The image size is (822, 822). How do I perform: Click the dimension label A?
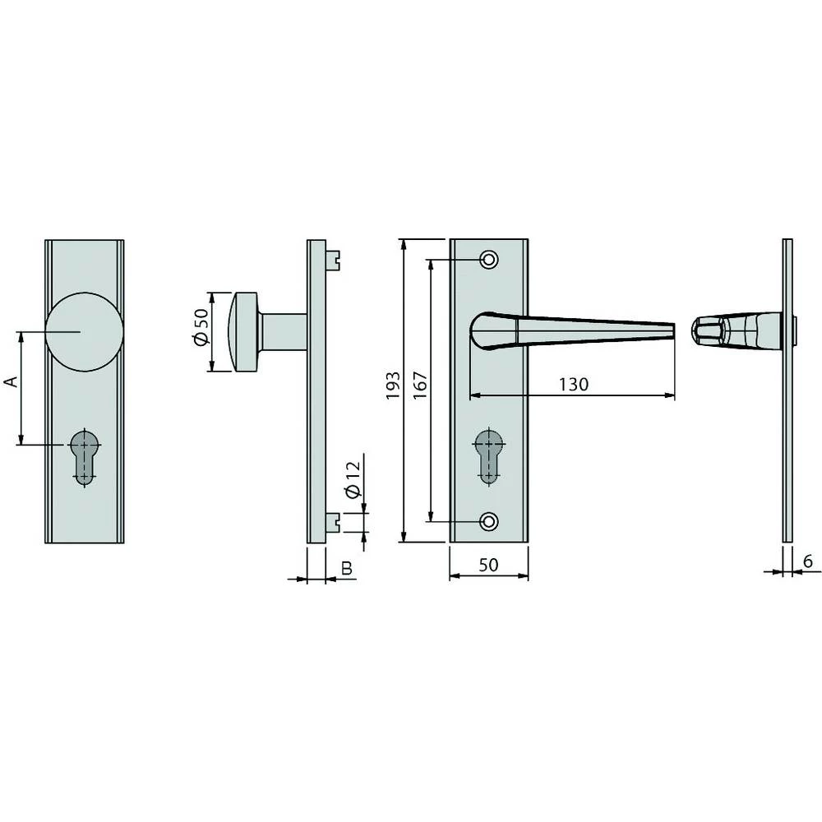(11, 382)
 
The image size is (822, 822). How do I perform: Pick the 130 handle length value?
(574, 384)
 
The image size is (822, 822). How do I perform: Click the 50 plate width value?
(488, 565)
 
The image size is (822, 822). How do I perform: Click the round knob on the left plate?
(85, 332)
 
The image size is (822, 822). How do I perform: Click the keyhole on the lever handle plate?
(489, 455)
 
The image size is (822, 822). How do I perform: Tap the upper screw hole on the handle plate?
(489, 260)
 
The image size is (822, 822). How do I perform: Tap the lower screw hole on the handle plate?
(489, 521)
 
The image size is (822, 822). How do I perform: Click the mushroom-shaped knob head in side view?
(242, 332)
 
